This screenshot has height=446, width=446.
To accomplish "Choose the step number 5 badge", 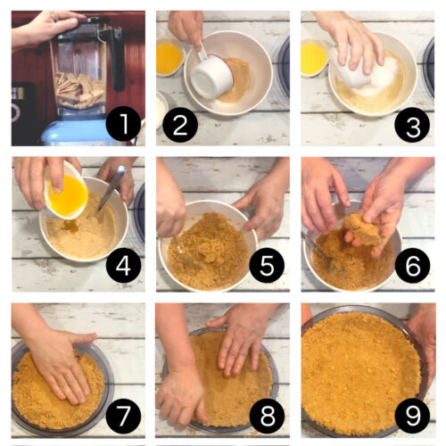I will click(267, 265).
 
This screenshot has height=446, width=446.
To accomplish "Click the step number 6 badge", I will click(412, 265).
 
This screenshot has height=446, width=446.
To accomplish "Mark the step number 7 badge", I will click(123, 414).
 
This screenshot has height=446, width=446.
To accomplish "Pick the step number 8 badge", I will click(267, 414).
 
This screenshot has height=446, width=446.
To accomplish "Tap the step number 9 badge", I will click(412, 414).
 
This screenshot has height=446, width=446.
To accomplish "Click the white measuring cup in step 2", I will click(211, 75).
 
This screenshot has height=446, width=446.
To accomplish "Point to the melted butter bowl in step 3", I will click(313, 58).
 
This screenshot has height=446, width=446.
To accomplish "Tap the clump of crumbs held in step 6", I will click(361, 228).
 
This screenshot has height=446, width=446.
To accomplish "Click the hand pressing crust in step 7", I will click(58, 366).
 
